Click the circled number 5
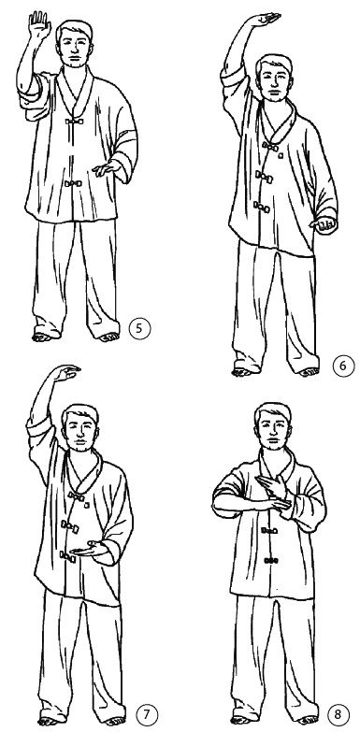140,329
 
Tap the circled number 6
344,366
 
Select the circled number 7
147,715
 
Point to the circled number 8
339,715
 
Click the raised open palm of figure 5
38,24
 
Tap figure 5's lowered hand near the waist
107,168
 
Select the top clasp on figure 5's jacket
74,122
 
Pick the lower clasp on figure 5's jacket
73,183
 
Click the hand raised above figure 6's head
265,20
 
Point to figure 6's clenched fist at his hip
324,226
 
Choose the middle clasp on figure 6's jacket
265,177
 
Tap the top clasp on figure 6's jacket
271,148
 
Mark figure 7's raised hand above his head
66,373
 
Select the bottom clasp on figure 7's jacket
67,556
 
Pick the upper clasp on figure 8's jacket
270,530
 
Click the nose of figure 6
276,85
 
